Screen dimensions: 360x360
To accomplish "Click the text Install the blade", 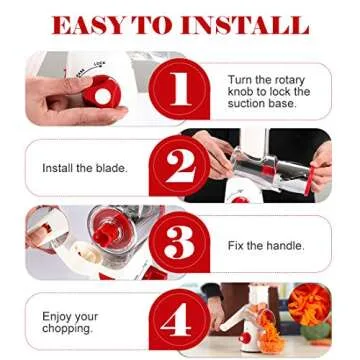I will tap(84, 169).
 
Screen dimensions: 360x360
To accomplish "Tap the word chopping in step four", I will tap(67, 328).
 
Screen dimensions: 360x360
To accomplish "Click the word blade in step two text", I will tap(109, 169).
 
